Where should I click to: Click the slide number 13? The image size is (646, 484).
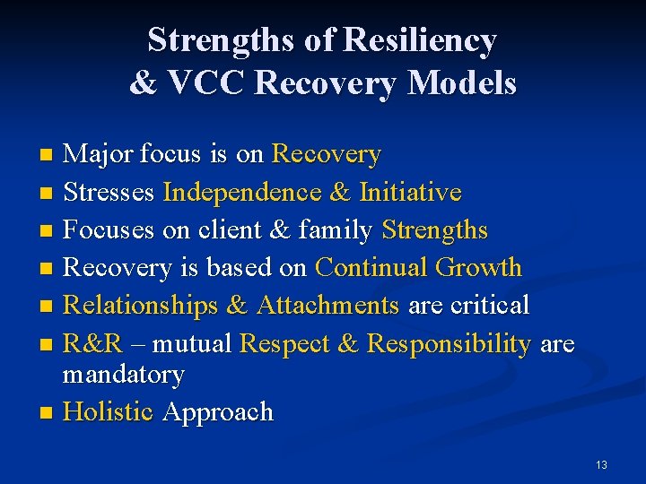pos(601,464)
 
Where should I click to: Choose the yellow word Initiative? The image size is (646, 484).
pos(410,193)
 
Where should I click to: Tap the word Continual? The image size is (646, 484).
pos(371,267)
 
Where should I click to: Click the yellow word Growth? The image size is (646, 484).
pos(478,267)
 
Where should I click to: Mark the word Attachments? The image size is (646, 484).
pos(327,306)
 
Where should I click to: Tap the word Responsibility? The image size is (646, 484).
pos(449,344)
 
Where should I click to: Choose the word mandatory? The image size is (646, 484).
pos(123,375)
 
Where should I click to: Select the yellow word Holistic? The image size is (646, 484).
pos(109,412)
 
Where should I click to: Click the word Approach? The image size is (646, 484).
pos(218,412)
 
